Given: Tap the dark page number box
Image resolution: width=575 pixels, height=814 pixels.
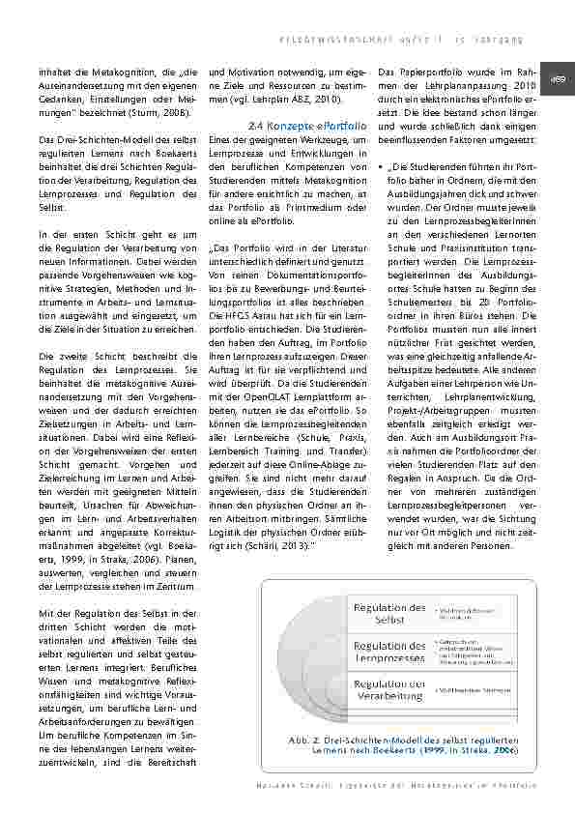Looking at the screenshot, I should (559, 79).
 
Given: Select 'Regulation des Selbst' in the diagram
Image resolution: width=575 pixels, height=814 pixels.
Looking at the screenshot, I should (389, 613).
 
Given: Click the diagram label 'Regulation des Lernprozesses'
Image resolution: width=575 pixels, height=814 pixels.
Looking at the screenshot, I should (389, 651).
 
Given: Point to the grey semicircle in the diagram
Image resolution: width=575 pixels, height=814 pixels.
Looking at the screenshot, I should (319, 653).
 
